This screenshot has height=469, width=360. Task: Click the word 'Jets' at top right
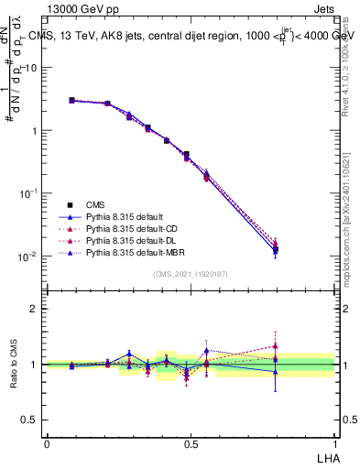(322, 8)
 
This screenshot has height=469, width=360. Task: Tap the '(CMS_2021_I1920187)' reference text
(191, 273)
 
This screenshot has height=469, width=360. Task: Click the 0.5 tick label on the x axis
(191, 443)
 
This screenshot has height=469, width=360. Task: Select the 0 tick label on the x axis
(47, 443)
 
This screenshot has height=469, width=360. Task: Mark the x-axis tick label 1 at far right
(334, 443)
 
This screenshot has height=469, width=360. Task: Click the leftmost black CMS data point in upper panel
(71, 100)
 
